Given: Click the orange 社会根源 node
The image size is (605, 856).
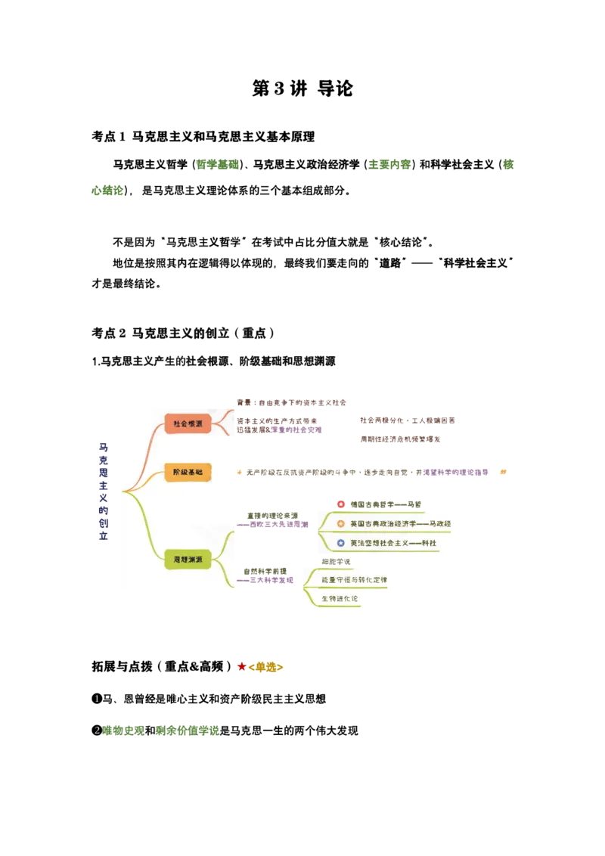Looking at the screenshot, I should coord(188,423).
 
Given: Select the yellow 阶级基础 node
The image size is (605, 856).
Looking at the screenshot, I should coord(188,473).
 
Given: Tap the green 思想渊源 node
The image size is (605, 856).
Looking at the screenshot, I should coord(188,560).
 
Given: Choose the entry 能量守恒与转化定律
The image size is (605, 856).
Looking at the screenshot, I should coord(354,580).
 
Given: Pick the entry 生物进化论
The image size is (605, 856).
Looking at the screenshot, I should coord(340,599).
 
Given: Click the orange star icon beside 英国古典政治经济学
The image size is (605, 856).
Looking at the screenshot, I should coord(341,523).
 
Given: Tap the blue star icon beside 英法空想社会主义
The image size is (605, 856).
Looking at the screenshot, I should coord(341,543).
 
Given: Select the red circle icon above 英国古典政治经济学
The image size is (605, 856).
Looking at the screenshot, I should coord(340,504).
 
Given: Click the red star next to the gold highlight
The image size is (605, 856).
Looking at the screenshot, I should coord(241,666).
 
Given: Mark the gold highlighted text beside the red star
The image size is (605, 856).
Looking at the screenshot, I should coord(266,666).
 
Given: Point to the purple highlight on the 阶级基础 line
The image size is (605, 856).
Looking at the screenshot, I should coord(456,472).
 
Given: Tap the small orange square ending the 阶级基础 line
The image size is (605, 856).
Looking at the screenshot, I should coord(502,472).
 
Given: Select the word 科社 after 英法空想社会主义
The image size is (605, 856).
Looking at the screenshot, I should coord(429,543).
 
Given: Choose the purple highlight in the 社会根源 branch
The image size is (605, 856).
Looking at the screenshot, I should coord(299,430).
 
